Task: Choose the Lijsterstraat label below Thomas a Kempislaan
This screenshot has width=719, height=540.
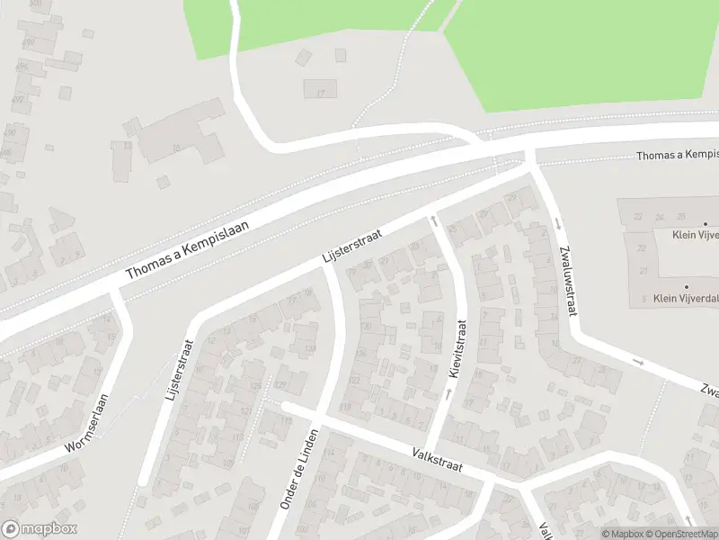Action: click(x=352, y=247)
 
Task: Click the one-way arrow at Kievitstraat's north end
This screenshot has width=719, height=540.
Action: click(x=434, y=218)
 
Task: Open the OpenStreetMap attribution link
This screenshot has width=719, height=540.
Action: click(x=679, y=534)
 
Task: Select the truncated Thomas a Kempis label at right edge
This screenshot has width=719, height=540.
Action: click(x=677, y=156)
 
